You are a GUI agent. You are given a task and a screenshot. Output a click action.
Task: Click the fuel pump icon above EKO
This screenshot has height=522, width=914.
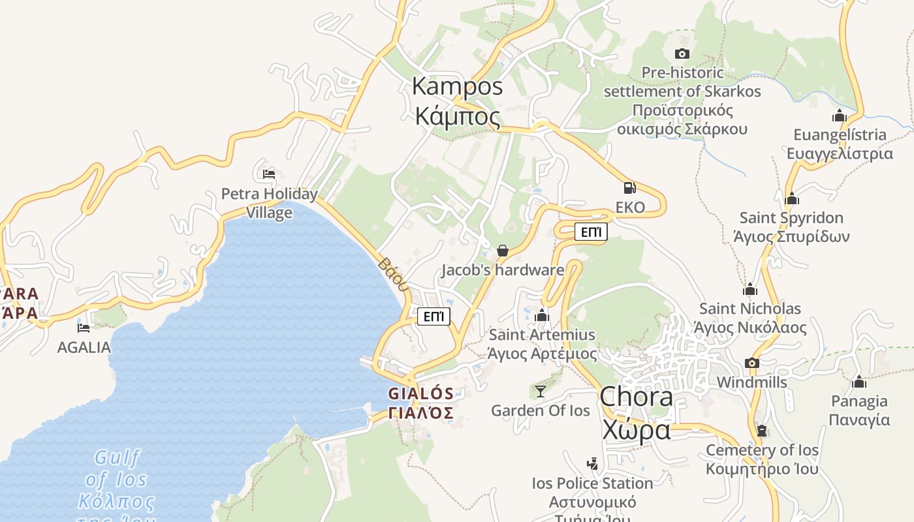click(629, 188)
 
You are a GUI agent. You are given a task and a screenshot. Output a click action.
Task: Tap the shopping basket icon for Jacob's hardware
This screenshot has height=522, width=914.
click(503, 250)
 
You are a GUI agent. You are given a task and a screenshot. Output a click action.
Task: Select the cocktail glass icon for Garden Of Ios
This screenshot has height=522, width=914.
click(541, 391)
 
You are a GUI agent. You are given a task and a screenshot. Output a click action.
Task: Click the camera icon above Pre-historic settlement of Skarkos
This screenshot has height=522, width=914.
click(682, 54)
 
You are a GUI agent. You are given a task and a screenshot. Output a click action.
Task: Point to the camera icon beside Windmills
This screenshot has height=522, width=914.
click(752, 363)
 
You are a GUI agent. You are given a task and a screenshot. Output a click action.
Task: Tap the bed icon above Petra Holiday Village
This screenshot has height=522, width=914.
click(269, 174)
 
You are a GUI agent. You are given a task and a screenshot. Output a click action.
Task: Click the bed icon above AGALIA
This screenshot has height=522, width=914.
click(84, 328)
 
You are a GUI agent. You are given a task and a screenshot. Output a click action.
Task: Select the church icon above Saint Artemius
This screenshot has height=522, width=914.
click(542, 316)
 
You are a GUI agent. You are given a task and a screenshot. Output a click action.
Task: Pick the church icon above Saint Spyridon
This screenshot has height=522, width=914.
click(792, 198)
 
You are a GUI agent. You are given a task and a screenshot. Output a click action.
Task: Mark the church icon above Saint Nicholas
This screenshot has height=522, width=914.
click(750, 289)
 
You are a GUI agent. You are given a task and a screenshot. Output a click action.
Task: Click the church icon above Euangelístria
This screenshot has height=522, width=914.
click(840, 116)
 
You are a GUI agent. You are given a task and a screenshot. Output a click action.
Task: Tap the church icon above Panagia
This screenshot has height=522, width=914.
click(859, 381)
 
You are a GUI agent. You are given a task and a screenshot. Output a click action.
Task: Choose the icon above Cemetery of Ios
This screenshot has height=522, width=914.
click(762, 431)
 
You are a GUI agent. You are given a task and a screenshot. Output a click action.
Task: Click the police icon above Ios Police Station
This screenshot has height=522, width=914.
click(592, 464)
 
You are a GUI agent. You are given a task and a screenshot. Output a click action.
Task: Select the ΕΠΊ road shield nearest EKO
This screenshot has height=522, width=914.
click(591, 232)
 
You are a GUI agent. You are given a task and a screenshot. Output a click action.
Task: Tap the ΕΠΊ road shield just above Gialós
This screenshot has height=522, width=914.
click(434, 316)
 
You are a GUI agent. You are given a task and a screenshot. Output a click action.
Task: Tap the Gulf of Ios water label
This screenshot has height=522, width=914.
click(117, 479)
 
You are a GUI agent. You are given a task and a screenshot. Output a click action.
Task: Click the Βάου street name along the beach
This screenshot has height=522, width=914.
click(394, 273)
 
